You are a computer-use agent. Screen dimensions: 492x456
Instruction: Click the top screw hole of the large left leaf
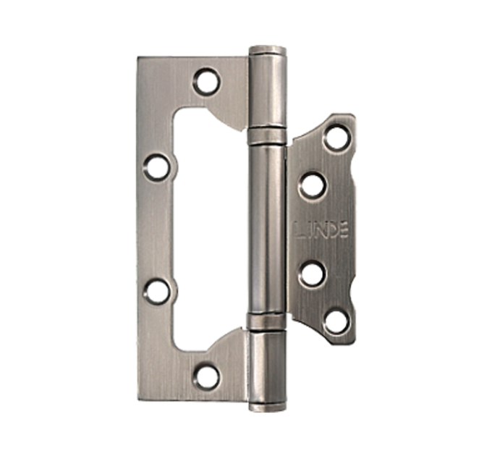[x=205, y=82]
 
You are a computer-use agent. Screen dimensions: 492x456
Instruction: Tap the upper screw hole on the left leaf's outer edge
[x=156, y=168]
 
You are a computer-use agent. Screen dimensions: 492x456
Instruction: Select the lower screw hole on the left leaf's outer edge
[x=156, y=292]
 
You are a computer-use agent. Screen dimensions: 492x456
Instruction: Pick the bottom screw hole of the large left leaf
[x=205, y=376]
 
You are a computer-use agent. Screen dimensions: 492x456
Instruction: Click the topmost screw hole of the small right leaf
[x=337, y=138]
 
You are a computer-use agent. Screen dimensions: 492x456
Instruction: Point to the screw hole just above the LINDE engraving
[x=312, y=186]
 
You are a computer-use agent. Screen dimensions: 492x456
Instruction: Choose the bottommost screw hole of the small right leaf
[x=337, y=322]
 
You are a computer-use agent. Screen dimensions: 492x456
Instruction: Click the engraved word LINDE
[x=321, y=230]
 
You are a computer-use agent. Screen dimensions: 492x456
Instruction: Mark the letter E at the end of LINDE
[x=344, y=230]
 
